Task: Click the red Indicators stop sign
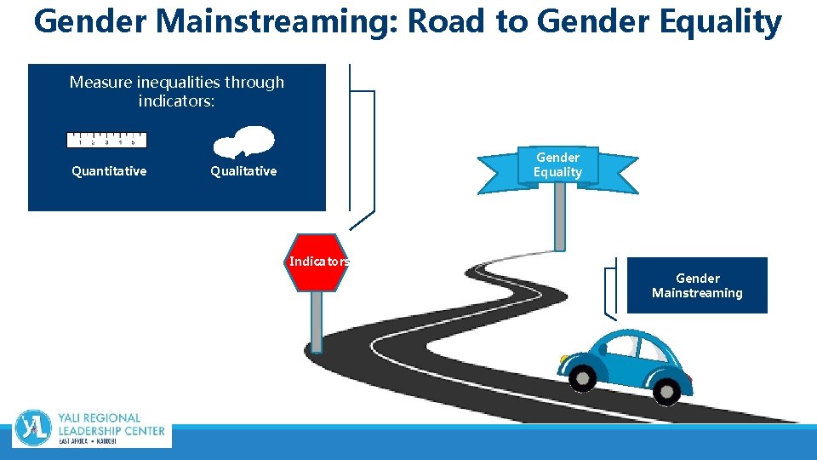[318, 262]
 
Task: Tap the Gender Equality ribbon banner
[557, 165]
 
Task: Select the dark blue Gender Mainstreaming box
[697, 285]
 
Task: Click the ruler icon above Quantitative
[107, 141]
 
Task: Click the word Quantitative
[109, 171]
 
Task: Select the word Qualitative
[243, 171]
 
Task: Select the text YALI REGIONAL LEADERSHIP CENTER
[111, 425]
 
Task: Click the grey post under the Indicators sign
[317, 322]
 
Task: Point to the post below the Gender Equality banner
[559, 216]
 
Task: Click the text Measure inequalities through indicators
[177, 91]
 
